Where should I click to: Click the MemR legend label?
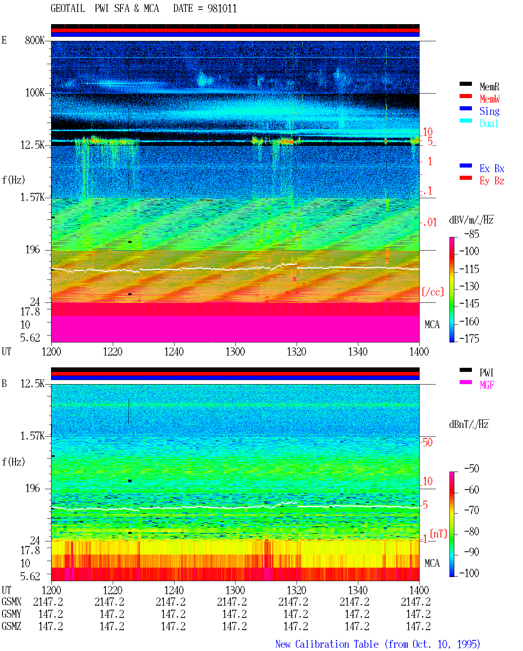(489, 87)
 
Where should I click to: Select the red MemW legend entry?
(489, 99)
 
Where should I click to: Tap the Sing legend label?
(489, 111)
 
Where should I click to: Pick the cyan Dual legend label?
(489, 123)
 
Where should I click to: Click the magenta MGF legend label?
(487, 385)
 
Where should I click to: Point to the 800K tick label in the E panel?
(35, 40)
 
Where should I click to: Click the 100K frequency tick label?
(35, 93)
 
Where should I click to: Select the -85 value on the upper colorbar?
(472, 234)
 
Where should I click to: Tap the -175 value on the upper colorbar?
(469, 338)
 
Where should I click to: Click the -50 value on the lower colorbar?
(472, 469)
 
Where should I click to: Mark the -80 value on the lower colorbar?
(472, 531)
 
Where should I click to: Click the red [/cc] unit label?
(433, 292)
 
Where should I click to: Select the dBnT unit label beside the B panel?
(469, 425)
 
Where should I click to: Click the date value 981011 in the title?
(222, 9)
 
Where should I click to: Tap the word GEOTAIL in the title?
(68, 9)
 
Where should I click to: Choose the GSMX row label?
(11, 602)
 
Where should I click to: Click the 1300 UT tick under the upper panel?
(235, 351)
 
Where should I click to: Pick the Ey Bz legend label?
(492, 181)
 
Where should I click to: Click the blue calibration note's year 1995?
(469, 644)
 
